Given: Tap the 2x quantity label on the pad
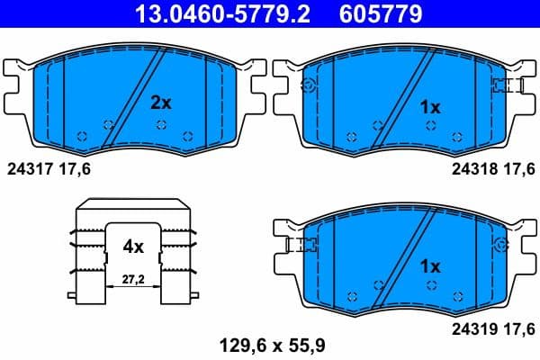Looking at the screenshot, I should (160, 103).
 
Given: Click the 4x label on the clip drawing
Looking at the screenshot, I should (133, 244).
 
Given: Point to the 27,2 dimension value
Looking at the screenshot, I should (133, 281).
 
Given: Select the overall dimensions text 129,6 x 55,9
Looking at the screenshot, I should (269, 342).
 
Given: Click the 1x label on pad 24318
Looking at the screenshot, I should (431, 107).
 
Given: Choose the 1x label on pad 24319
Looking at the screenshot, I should (431, 266).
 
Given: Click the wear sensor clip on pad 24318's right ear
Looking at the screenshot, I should (508, 85).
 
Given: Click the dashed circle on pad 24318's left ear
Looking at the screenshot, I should (309, 85).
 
